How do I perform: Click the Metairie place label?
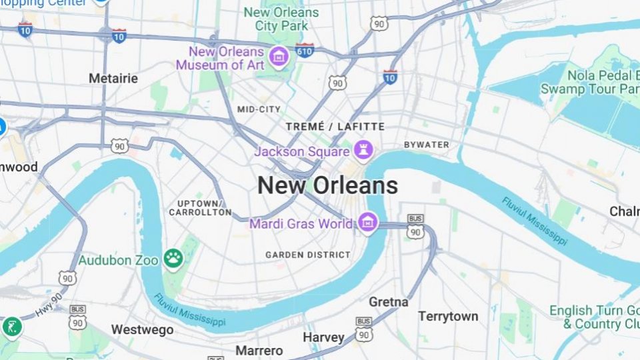pos(113,79)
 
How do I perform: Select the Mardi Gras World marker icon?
pos(367,223)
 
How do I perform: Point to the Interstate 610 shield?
pos(305,51)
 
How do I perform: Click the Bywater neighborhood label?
pos(427,145)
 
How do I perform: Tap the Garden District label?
pos(308,255)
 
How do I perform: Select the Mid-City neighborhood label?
pos(259,109)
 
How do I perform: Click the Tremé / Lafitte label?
pos(335,126)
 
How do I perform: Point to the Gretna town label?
pos(389,302)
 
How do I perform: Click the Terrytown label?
pos(449,316)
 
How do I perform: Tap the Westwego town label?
pos(143,329)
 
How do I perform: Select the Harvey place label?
pos(323,337)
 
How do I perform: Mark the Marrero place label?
pos(259,350)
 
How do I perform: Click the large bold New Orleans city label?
pos(327,185)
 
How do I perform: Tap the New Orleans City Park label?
pos(281,19)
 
